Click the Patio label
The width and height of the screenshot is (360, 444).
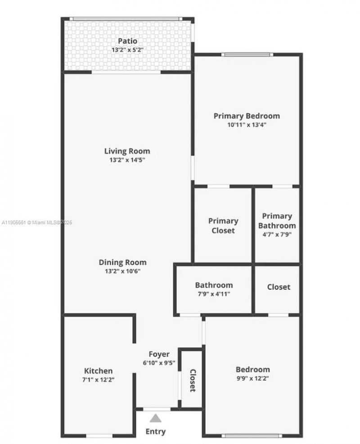click(x=127, y=41)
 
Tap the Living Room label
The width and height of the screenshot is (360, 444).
click(x=127, y=151)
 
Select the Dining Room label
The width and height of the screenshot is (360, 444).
click(x=123, y=262)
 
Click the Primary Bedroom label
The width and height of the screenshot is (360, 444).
click(x=247, y=116)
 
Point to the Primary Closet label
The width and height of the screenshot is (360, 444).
click(x=223, y=226)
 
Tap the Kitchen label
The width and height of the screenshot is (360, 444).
click(x=99, y=371)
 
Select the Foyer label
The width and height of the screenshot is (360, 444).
click(x=159, y=354)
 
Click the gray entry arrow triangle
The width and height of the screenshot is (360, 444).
click(x=156, y=418)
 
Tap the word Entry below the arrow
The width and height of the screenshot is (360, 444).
click(x=156, y=431)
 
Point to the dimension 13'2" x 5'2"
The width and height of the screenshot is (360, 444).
click(x=127, y=50)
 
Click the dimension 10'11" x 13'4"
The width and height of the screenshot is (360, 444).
click(x=247, y=125)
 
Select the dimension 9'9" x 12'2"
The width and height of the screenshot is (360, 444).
click(x=253, y=378)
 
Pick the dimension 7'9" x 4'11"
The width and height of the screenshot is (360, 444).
click(x=214, y=294)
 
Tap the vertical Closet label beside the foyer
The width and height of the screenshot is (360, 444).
click(x=192, y=381)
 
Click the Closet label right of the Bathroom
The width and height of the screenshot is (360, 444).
click(x=279, y=287)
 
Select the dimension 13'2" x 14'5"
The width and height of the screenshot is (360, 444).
click(x=127, y=160)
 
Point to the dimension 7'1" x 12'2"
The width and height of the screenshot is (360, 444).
click(x=99, y=380)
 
